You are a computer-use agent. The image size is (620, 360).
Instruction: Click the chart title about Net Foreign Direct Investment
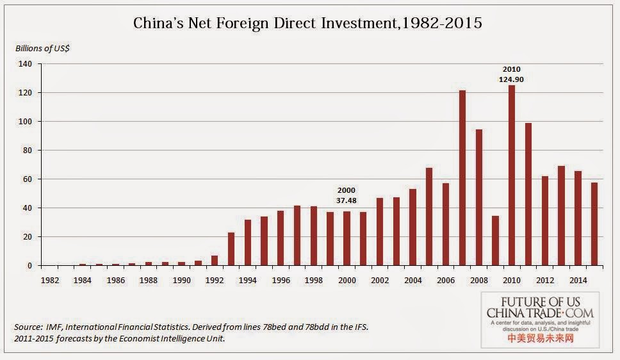tap(307, 24)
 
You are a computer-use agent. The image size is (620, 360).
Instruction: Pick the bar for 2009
tap(495, 240)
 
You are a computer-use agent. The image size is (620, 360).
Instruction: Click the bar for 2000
tap(347, 238)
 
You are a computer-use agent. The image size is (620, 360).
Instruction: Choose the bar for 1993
tap(231, 249)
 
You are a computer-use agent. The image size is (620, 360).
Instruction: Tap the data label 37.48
tap(347, 200)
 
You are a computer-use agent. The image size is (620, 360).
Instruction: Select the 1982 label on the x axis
tap(50, 280)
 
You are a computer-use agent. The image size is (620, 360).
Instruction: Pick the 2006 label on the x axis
tap(446, 280)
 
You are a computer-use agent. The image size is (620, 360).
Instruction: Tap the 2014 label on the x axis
tap(578, 280)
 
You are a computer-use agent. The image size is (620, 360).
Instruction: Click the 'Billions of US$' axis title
tap(42, 49)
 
